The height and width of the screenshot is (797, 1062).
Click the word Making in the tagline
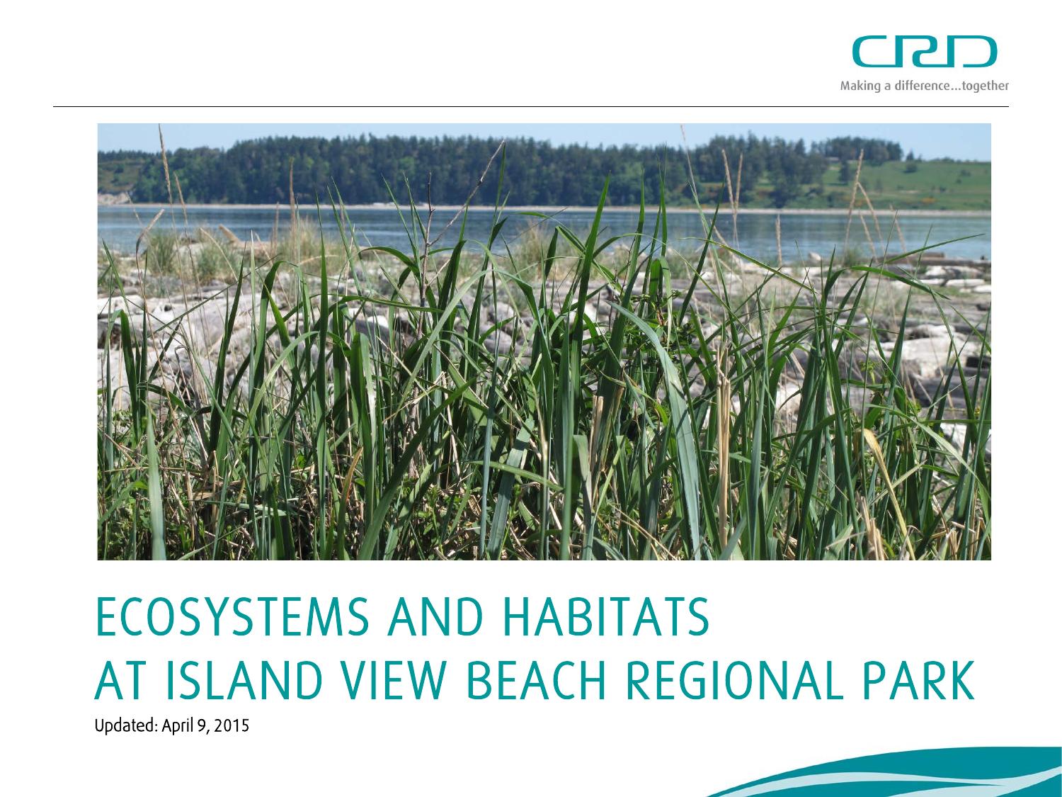coord(855,86)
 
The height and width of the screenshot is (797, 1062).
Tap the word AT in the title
coord(116,682)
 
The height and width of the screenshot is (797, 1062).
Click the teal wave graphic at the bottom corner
coord(920,776)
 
